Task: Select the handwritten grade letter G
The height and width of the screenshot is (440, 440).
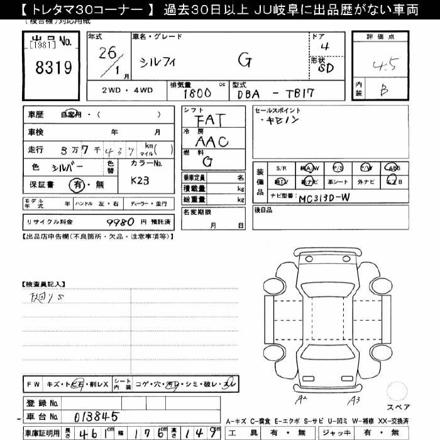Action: (x=245, y=61)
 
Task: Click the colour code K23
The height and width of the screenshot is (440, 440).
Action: (x=140, y=180)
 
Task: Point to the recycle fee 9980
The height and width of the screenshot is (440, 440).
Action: (x=120, y=221)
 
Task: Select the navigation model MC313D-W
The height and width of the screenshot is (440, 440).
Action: (x=324, y=197)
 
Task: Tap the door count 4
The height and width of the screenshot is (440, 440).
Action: (x=324, y=46)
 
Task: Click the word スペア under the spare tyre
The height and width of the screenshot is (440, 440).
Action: (x=397, y=407)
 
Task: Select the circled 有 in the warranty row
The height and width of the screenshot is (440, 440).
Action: (x=77, y=185)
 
